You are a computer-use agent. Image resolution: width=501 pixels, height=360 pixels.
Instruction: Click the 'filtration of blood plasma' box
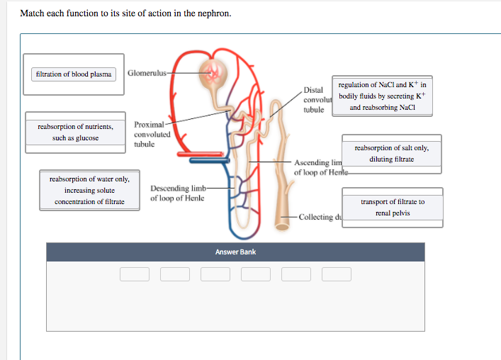click(x=74, y=74)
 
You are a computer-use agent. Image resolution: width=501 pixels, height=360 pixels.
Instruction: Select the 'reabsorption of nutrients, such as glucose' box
click(x=75, y=132)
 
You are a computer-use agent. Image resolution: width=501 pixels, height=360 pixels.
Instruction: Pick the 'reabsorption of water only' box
click(x=89, y=191)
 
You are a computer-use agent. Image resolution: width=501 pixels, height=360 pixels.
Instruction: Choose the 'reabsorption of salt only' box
click(x=391, y=154)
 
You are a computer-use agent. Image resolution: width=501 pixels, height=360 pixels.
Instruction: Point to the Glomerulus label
click(x=147, y=73)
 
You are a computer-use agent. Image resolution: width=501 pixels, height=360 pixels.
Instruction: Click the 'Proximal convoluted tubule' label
click(x=152, y=134)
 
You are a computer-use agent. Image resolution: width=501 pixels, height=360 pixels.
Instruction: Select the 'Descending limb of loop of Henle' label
click(x=177, y=193)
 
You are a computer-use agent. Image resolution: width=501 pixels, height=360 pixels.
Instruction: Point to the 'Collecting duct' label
click(x=319, y=217)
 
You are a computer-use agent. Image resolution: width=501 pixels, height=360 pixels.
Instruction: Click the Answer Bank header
click(x=235, y=252)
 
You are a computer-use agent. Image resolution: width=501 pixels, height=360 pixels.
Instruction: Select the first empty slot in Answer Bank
click(x=134, y=274)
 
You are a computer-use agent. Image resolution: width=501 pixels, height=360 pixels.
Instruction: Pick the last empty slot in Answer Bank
click(x=337, y=274)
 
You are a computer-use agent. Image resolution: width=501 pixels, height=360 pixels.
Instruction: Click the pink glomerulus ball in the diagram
click(x=212, y=72)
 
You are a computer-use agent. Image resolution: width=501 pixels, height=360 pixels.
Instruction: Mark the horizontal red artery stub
click(x=200, y=154)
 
